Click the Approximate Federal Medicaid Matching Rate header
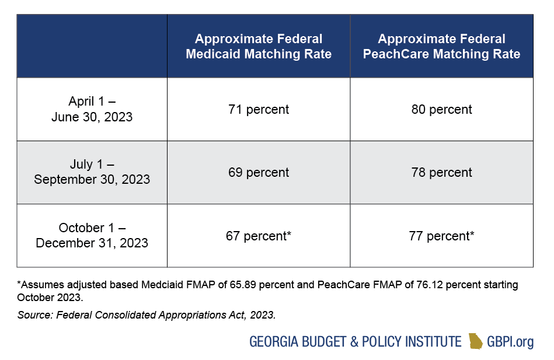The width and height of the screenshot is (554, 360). coord(259,47)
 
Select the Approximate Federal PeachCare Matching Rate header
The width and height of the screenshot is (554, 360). coord(441,47)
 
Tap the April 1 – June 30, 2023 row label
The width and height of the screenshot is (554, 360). coord(92,109)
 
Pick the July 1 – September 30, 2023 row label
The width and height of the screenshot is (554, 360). coord(92,172)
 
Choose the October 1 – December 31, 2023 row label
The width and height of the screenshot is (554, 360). coord(92,235)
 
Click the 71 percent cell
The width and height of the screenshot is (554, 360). coord(259,109)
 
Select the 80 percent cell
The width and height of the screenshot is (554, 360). coord(441,109)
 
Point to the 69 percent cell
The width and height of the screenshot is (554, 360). coord(259,172)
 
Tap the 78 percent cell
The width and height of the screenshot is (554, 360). coord(441,172)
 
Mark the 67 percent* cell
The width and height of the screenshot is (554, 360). coord(259,236)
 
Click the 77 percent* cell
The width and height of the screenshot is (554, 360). coord(441,236)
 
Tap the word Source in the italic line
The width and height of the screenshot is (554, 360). coord(32,315)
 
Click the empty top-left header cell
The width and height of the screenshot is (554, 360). coord(92,47)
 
